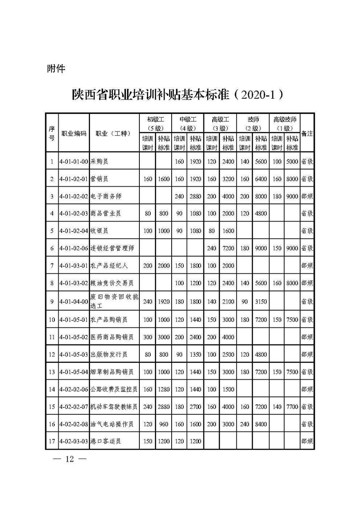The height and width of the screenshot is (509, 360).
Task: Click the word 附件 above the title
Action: coord(56,69)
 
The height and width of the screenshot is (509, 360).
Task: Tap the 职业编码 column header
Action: coord(74,134)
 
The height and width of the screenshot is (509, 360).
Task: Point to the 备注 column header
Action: coord(307,134)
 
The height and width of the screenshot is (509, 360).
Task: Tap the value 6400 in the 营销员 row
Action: coord(261,179)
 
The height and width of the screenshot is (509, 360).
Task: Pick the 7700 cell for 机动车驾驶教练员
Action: coord(292,406)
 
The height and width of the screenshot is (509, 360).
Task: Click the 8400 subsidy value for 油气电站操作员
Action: coord(261,424)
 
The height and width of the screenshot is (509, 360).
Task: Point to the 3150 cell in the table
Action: coord(261,301)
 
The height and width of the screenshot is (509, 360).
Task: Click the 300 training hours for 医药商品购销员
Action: coord(148,337)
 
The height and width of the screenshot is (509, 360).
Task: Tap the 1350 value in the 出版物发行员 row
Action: coord(195,355)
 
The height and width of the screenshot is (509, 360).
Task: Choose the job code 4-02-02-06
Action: coord(74,389)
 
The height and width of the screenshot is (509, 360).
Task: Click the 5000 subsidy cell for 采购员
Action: coord(292,161)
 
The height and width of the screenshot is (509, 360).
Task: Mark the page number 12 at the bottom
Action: coord(69,459)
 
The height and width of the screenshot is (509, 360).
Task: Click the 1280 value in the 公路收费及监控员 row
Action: coord(164,389)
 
